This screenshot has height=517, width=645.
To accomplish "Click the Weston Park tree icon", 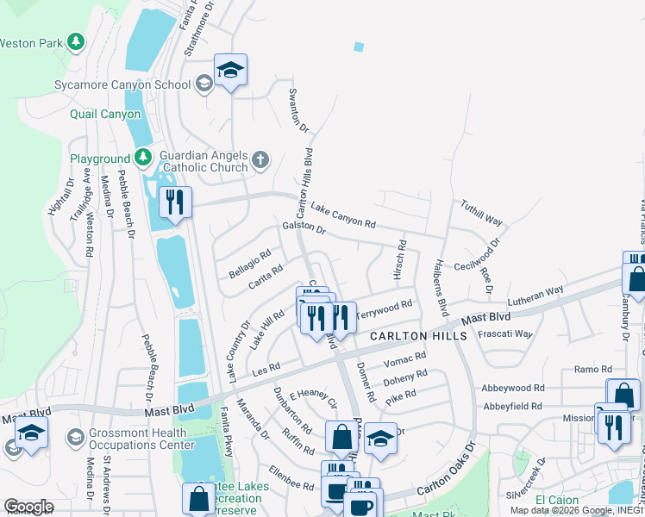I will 77,41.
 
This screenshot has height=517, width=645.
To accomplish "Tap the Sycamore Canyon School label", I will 134,84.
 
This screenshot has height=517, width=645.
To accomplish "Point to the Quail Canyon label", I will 107,114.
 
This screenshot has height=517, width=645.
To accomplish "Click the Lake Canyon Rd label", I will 343,215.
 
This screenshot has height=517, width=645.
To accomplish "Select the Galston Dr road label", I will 304,229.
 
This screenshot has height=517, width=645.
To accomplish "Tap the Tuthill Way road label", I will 481,214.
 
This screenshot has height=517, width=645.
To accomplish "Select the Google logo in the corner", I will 28,507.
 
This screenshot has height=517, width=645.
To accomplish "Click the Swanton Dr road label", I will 298,109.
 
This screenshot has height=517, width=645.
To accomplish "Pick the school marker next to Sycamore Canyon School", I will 230,72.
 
